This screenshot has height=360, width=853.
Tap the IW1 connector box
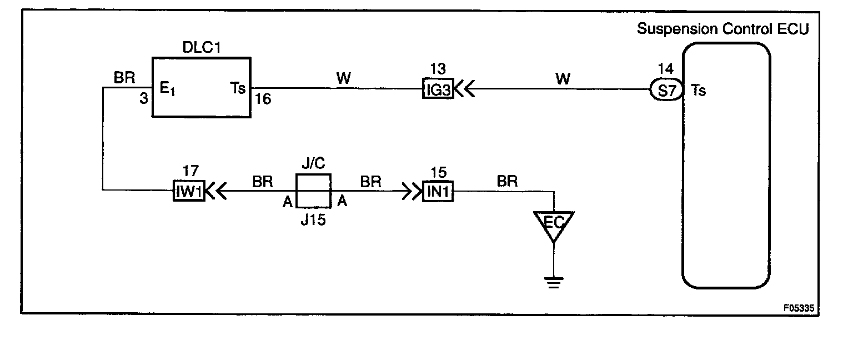coord(189,192)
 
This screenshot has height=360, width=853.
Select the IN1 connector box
coord(439,192)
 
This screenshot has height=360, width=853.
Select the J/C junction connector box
coord(313,192)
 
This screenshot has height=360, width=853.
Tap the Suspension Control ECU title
coord(722,29)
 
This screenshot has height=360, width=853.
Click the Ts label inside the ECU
coord(699,90)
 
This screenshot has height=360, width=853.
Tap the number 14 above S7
coord(665,69)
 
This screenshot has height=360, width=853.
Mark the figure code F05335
coord(802,307)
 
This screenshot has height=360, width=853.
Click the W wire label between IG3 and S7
coord(564,78)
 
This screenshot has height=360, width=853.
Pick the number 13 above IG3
coord(438,69)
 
